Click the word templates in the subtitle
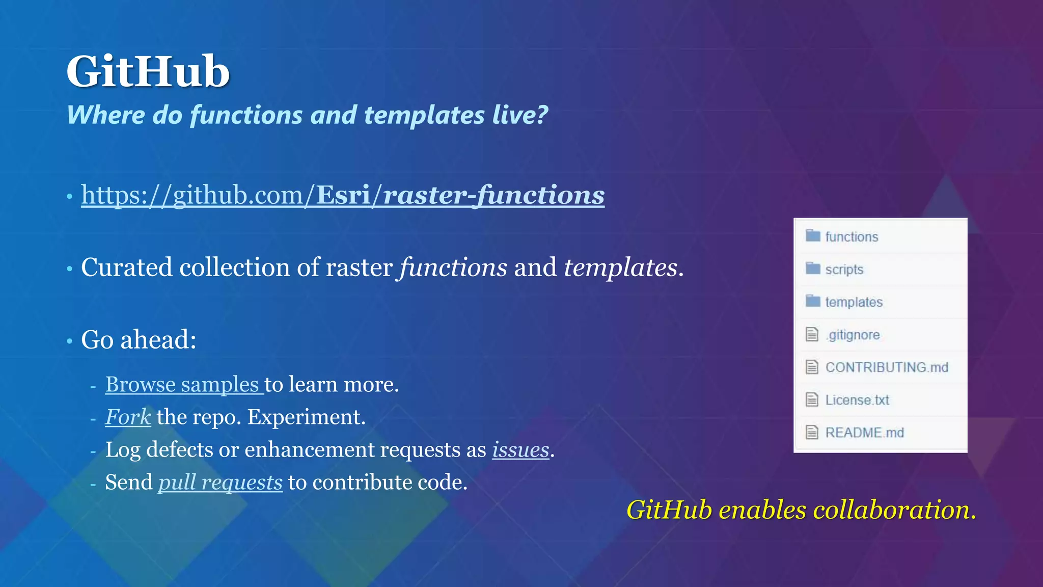click(424, 115)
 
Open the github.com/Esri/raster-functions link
click(342, 195)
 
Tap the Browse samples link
click(182, 385)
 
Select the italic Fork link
click(128, 417)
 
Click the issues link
click(520, 450)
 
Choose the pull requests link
click(220, 483)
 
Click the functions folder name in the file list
click(852, 237)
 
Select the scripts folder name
click(844, 270)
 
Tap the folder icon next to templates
click(813, 301)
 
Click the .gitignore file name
click(853, 335)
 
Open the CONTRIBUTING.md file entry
click(886, 367)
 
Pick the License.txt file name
click(857, 400)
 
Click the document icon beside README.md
click(812, 433)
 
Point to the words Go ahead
click(138, 340)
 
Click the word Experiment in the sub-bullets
click(306, 417)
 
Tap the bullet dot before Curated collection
click(70, 269)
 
